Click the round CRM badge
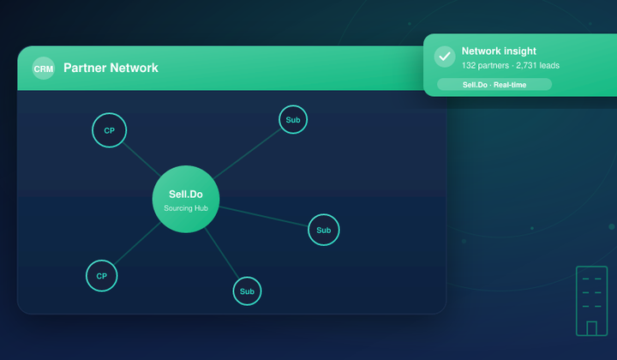coord(44,69)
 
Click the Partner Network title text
coord(111,68)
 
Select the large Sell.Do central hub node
coord(186,199)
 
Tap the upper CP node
coord(110,130)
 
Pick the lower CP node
coord(101,276)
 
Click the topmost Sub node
coord(293,120)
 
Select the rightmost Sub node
coord(323,230)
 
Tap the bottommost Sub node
coord(247,291)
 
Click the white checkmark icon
coord(445,57)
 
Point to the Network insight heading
coord(499,51)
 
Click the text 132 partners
coord(485,65)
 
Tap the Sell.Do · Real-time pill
coord(494,85)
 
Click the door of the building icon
coord(591,328)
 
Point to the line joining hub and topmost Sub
coord(248,153)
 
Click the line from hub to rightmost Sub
coord(264,216)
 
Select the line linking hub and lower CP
coord(137,243)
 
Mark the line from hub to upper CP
coord(141,159)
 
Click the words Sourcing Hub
coord(186,208)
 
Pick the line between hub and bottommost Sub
coord(222,253)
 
